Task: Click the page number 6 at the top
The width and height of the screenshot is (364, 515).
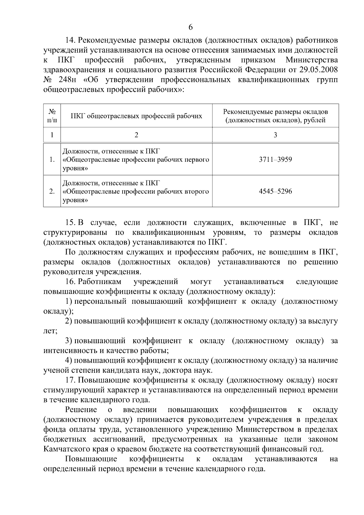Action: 190,27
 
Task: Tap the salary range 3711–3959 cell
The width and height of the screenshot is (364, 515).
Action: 275,160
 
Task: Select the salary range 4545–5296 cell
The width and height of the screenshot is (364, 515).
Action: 275,191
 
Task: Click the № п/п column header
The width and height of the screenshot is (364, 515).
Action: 52,116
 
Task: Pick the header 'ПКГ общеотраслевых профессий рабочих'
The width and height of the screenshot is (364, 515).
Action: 136,116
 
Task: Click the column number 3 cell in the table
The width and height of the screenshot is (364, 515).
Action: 275,135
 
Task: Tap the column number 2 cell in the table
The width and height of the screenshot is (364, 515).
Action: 136,135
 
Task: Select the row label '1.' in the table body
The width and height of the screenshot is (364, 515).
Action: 52,160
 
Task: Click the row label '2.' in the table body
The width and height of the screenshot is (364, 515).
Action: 52,191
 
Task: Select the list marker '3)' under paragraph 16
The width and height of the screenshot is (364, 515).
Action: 69,341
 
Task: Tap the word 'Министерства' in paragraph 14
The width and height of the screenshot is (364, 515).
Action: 312,60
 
